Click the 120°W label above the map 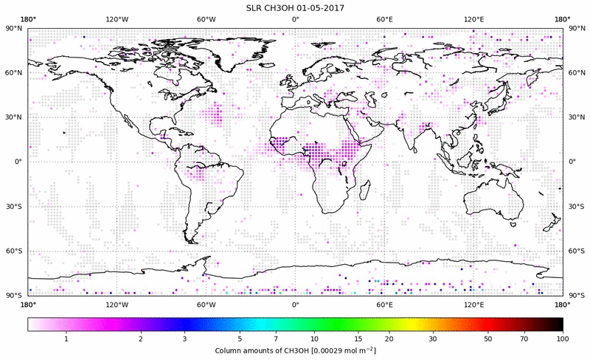(x=117, y=20)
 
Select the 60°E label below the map (x=384, y=304)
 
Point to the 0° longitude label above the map (x=295, y=20)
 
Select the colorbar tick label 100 (x=563, y=339)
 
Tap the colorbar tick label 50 (x=488, y=339)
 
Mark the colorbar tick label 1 (x=66, y=339)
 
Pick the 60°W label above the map (x=206, y=20)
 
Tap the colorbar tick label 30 (x=433, y=339)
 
